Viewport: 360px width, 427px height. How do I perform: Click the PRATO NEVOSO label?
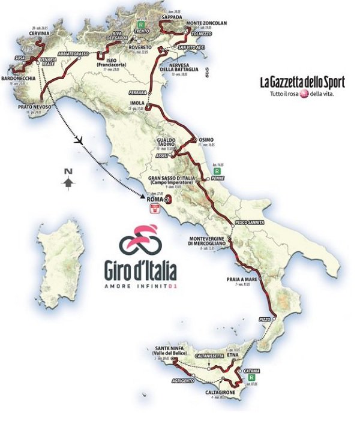pyautogui.click(x=35, y=106)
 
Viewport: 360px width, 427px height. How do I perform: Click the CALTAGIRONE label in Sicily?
pyautogui.click(x=220, y=391)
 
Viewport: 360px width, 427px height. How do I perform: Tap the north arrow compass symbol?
pyautogui.click(x=70, y=178)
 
